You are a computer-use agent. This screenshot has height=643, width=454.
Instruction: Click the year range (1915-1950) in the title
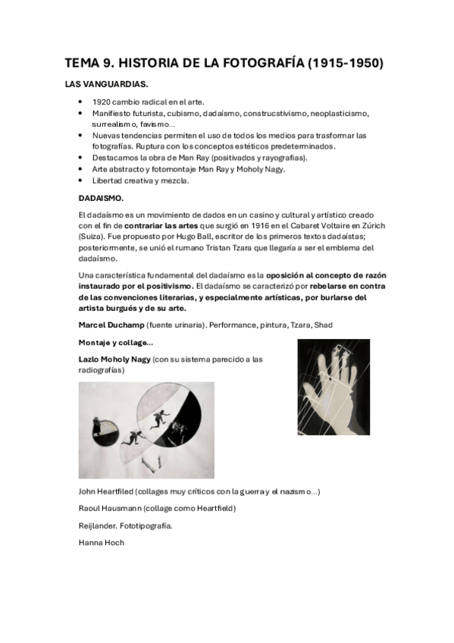(346, 64)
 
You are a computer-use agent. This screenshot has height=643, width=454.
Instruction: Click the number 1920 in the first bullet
(102, 102)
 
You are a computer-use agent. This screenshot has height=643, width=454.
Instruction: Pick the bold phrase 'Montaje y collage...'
(115, 343)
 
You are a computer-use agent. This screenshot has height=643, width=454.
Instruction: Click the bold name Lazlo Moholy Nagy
(114, 358)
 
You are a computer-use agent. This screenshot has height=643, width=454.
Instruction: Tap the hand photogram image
(333, 387)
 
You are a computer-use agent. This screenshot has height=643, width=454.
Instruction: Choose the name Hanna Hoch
(101, 542)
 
